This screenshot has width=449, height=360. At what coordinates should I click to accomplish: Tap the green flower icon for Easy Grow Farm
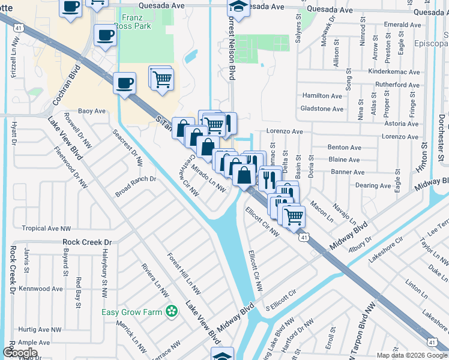pos(172,311)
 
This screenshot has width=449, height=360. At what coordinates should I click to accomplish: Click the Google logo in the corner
pos(20,353)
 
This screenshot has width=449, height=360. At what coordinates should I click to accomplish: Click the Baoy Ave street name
pos(92,111)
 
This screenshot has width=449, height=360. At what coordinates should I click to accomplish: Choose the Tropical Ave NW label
pos(46,229)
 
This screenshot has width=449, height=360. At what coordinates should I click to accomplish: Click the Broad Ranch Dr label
pos(136,187)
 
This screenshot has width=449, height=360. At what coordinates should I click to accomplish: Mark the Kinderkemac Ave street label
pos(394,72)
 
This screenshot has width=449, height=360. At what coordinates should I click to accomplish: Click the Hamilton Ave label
pos(323,96)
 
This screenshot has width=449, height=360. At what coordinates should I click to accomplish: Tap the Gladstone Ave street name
pos(322,109)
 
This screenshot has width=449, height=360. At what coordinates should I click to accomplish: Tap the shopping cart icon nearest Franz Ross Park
pos(161,78)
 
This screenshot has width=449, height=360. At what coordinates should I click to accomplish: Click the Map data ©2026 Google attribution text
pos(412,355)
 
